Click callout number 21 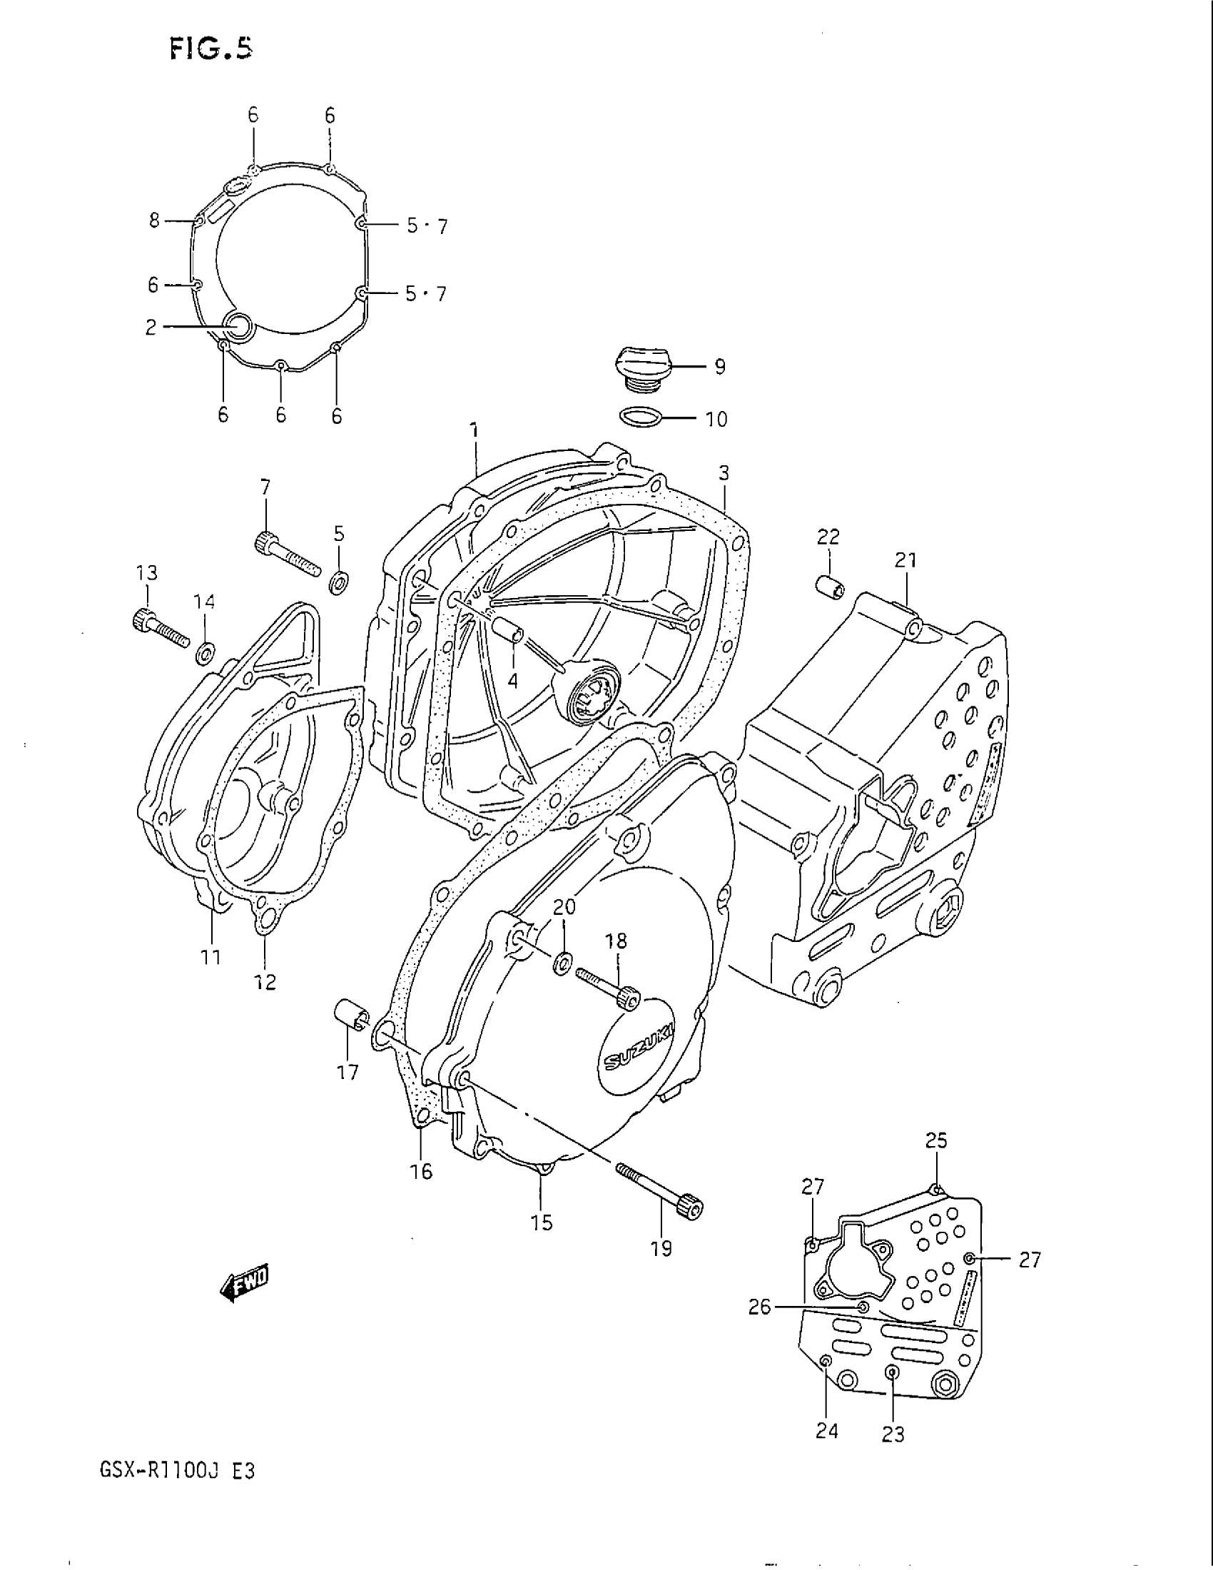click(x=905, y=560)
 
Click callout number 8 click(x=155, y=221)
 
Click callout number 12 click(x=265, y=982)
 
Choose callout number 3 click(x=724, y=473)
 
